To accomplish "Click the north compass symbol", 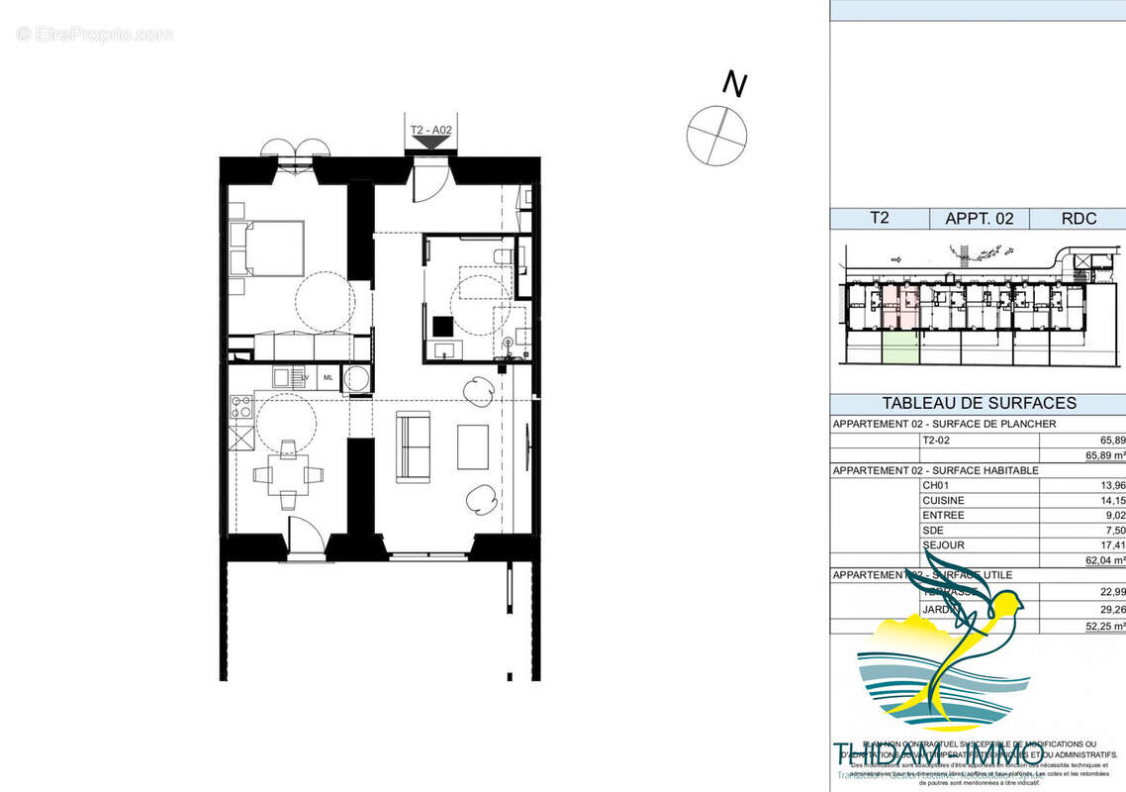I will [x=717, y=134].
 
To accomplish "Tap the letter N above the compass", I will [x=733, y=84].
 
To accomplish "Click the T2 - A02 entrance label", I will [x=430, y=130].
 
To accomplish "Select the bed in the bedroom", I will [x=267, y=247].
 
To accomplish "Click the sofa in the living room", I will [x=414, y=446].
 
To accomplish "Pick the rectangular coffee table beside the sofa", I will [x=473, y=446].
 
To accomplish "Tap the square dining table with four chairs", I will [x=287, y=473].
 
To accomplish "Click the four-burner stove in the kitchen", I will [x=240, y=405].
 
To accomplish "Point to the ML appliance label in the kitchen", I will [x=328, y=377].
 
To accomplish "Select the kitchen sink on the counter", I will [x=285, y=376].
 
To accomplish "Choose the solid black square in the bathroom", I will [x=441, y=326].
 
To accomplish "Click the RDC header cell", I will [x=1077, y=219].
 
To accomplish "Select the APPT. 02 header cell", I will [x=980, y=219].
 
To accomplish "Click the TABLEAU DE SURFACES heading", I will [x=979, y=404].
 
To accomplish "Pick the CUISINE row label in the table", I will [x=943, y=500].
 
